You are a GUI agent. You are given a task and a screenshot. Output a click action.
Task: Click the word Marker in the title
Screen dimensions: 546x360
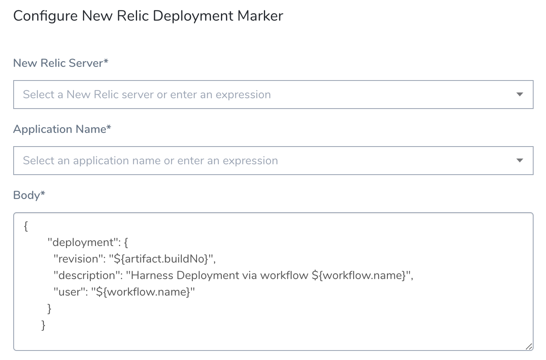pyautogui.click(x=260, y=16)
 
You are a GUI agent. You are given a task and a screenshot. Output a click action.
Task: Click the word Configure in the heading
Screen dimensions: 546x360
pyautogui.click(x=45, y=17)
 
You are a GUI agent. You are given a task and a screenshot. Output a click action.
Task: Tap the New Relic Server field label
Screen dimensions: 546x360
pyautogui.click(x=60, y=63)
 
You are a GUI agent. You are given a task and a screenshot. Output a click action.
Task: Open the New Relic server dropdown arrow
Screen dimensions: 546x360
pyautogui.click(x=520, y=94)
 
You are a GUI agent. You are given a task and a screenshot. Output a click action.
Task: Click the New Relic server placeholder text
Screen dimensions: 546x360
pyautogui.click(x=147, y=95)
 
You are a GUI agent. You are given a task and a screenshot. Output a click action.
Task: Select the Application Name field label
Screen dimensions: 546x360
pyautogui.click(x=62, y=129)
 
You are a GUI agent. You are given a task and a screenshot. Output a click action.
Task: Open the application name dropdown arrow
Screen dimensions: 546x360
pyautogui.click(x=520, y=160)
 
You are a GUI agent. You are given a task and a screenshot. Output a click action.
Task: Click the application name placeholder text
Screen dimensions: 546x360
pyautogui.click(x=150, y=161)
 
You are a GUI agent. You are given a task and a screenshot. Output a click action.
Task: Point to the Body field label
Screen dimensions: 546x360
pyautogui.click(x=29, y=195)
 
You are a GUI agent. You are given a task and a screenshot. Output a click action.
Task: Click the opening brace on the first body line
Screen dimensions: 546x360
pyautogui.click(x=26, y=226)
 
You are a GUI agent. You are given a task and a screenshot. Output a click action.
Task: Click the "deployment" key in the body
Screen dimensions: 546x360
pyautogui.click(x=84, y=243)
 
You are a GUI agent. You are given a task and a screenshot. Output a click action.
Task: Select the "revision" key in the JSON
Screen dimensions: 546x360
pyautogui.click(x=79, y=259)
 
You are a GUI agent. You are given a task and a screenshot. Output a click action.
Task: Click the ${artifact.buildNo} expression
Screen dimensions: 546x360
pyautogui.click(x=161, y=259)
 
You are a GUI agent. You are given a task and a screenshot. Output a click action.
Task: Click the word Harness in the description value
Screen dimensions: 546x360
pyautogui.click(x=152, y=275)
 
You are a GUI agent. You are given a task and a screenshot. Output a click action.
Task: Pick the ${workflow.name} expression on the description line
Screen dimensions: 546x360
pyautogui.click(x=358, y=275)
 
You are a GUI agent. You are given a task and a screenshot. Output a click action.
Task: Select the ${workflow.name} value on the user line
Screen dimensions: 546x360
pyautogui.click(x=143, y=292)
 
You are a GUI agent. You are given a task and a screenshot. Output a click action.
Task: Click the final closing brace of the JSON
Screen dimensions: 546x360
pyautogui.click(x=43, y=325)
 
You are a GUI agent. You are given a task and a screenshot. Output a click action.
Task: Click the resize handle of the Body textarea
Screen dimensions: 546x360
pyautogui.click(x=529, y=346)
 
